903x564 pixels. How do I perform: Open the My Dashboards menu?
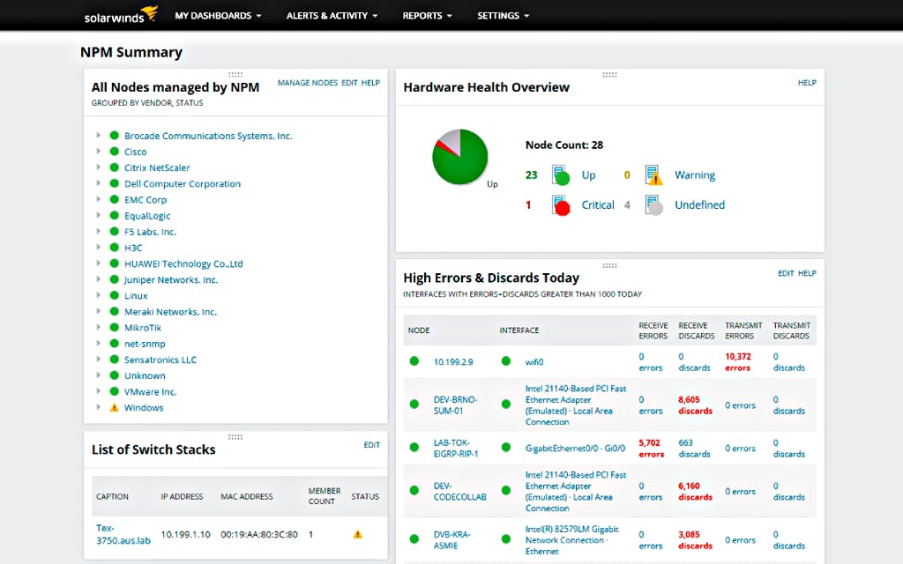(218, 16)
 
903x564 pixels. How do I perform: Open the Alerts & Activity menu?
(332, 16)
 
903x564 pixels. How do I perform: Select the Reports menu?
(427, 16)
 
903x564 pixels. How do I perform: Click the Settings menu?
(503, 16)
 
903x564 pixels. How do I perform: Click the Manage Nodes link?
(307, 83)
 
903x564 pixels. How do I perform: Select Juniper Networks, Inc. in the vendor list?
(170, 280)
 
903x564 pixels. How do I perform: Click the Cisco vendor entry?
(135, 152)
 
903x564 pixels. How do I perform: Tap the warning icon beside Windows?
(114, 408)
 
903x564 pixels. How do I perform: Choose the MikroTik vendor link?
(142, 328)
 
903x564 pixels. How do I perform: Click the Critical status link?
(597, 205)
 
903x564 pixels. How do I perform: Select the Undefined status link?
(699, 205)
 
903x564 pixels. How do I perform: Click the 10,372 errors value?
(737, 362)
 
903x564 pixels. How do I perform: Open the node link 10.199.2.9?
(453, 362)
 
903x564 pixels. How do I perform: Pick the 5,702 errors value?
(651, 449)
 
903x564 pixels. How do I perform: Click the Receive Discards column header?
(696, 330)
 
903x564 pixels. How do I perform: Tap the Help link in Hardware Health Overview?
(807, 83)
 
